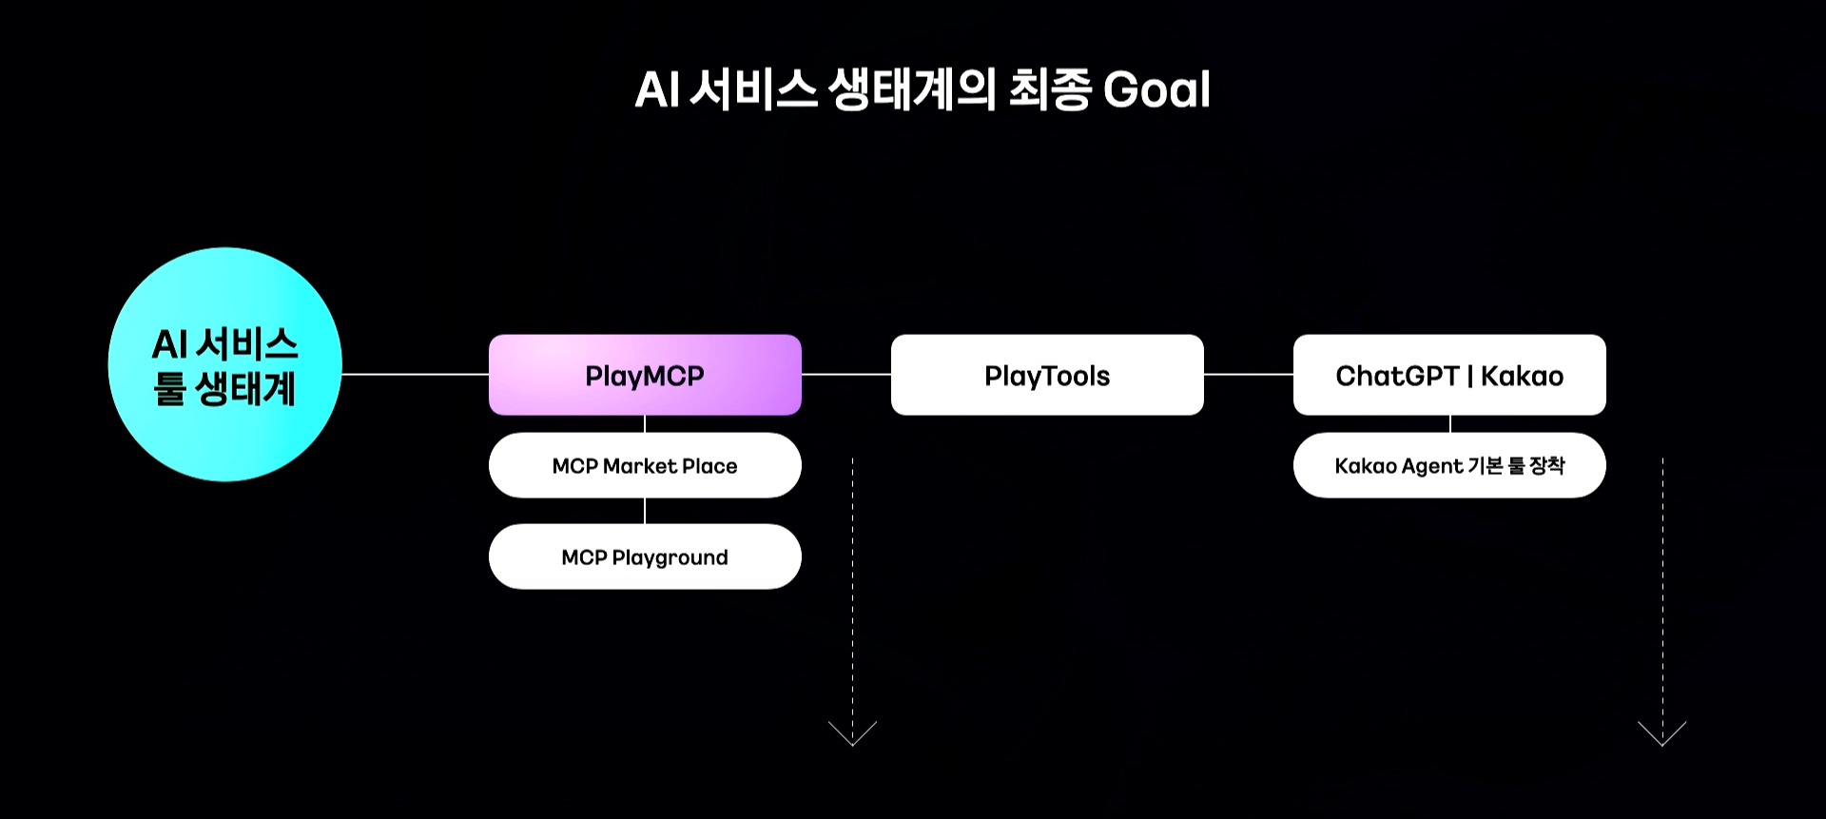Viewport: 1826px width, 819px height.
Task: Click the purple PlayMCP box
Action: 645,375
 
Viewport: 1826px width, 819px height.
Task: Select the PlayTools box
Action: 1047,375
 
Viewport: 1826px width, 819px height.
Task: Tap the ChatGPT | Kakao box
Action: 1449,375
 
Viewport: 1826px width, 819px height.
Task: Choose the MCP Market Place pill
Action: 645,465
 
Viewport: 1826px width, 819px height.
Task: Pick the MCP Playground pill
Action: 645,556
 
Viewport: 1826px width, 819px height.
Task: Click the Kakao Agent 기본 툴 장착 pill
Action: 1449,465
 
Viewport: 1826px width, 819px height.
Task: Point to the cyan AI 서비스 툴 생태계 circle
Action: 225,365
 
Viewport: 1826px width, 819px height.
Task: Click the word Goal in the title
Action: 1156,90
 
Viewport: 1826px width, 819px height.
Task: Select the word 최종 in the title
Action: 1049,90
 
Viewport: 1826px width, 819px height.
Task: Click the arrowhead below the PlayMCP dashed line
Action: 853,734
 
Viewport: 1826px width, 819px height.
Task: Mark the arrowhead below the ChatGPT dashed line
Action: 1662,734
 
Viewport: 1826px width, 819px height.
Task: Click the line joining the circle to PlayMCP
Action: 416,374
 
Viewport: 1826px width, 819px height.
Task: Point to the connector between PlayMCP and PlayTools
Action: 846,374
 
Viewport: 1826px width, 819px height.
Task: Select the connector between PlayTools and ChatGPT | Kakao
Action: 1249,374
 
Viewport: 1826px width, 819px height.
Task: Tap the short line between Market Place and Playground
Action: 645,511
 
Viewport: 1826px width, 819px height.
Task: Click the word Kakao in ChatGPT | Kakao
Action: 1522,376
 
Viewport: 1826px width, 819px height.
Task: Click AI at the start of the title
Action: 656,90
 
